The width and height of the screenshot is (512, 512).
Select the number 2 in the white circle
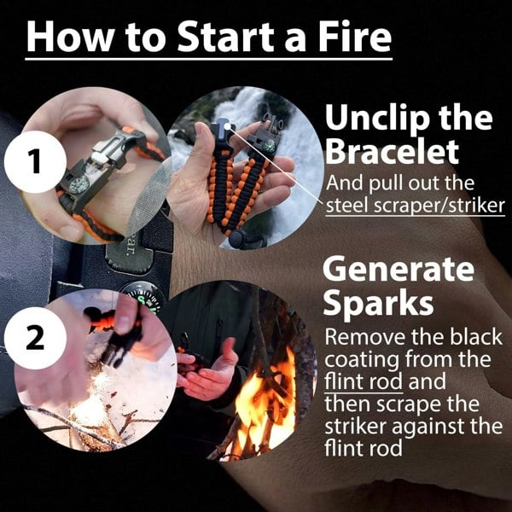33,338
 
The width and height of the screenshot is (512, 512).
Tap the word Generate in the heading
398,269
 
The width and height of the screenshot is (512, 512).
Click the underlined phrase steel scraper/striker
402,206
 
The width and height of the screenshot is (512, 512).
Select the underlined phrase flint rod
361,381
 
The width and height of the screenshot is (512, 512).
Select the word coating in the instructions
373,358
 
